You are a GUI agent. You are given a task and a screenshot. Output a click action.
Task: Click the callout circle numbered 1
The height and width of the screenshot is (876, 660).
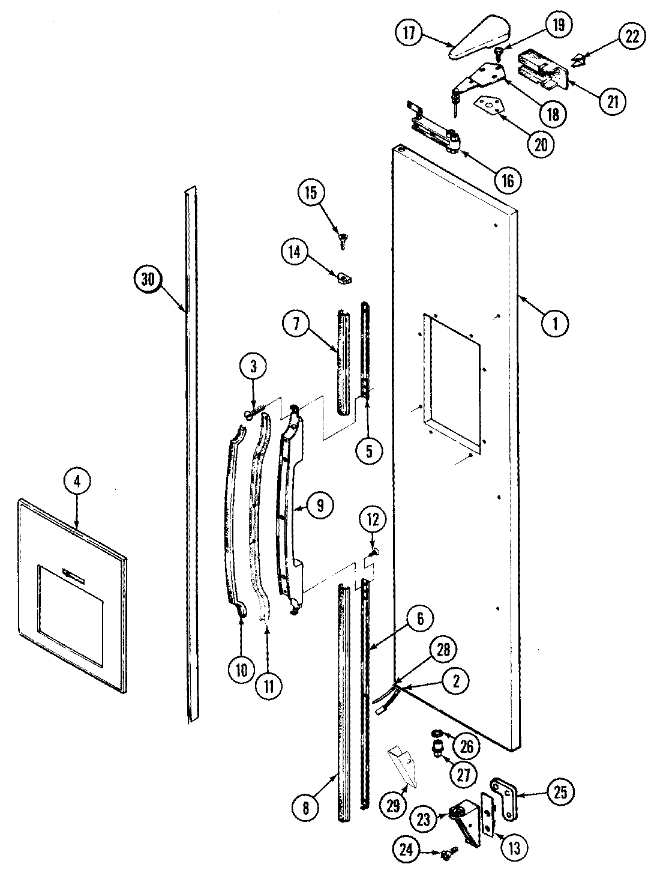pyautogui.click(x=556, y=324)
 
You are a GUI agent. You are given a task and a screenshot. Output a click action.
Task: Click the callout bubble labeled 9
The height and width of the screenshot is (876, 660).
pyautogui.click(x=320, y=506)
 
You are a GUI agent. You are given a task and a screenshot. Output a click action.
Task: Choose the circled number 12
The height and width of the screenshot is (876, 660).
pyautogui.click(x=372, y=520)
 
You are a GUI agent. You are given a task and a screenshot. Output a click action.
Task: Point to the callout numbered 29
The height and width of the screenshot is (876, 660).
pyautogui.click(x=392, y=806)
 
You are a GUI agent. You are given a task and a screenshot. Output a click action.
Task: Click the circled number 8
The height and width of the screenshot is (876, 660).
pyautogui.click(x=306, y=808)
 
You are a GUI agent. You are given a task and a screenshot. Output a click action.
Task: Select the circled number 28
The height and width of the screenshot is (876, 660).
pyautogui.click(x=443, y=653)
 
